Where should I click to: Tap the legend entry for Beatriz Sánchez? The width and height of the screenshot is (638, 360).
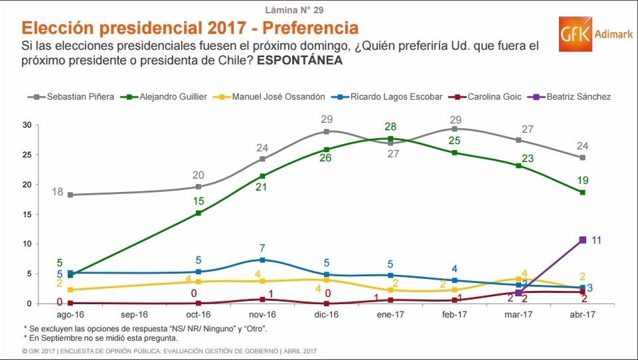click(x=572, y=96)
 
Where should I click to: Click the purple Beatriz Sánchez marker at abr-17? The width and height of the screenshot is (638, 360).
click(x=582, y=240)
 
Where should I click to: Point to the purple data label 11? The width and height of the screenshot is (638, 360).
click(x=596, y=240)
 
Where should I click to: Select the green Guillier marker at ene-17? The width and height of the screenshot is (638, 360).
click(x=390, y=138)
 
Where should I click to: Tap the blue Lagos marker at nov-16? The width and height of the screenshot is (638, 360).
click(x=262, y=260)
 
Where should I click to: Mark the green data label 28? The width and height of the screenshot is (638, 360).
click(x=390, y=126)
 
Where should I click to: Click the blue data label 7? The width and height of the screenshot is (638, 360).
click(x=262, y=248)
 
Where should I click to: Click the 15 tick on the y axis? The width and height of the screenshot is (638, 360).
click(x=27, y=214)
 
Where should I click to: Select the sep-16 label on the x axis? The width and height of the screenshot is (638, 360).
click(x=135, y=315)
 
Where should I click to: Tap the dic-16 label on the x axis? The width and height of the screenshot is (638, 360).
click(x=326, y=315)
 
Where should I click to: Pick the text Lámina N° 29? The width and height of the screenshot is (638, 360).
click(x=294, y=10)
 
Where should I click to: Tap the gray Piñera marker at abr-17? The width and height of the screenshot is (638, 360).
click(x=582, y=157)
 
